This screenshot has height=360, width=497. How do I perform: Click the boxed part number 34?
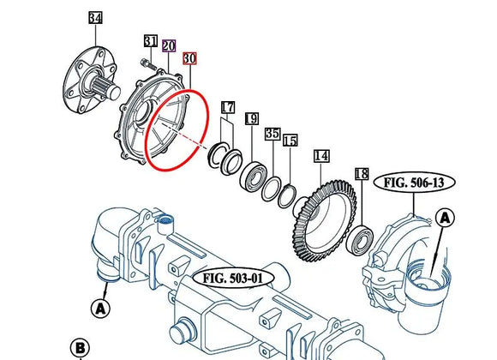(95, 18)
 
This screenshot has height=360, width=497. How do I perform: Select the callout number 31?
(151, 42)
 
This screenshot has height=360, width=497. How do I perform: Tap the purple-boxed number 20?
(169, 45)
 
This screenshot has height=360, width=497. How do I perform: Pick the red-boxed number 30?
(189, 58)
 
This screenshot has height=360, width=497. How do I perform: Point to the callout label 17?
(227, 107)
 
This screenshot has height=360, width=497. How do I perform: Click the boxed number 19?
(251, 119)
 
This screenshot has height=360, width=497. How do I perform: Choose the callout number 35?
(272, 135)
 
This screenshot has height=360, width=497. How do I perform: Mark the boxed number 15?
(290, 141)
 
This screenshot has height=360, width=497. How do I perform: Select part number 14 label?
(321, 156)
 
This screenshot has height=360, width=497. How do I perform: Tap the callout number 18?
(361, 174)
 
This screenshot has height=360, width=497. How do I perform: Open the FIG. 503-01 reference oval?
(233, 278)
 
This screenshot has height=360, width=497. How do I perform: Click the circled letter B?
(80, 347)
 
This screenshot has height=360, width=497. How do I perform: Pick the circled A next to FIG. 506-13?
(446, 219)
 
